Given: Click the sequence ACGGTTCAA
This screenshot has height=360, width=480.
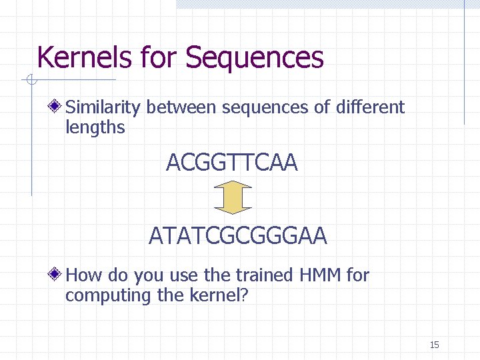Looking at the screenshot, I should pos(231,162).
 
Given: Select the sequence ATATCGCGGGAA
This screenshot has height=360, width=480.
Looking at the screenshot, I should pos(238,235).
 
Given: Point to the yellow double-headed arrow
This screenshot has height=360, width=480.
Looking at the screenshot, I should pos(233,199).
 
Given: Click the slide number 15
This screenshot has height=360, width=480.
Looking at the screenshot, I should pos(435,345).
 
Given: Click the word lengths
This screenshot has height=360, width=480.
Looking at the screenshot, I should pos(95,127).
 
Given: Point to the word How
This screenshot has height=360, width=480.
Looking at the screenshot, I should pos(83,275).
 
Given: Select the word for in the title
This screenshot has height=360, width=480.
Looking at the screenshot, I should pos(161,57).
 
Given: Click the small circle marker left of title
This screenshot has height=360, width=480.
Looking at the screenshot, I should pos(31,81).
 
